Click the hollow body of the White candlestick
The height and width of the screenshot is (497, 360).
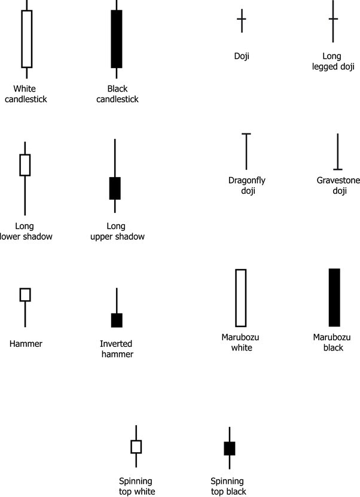coord(26,39)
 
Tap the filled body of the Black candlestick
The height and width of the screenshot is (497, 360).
coord(117,39)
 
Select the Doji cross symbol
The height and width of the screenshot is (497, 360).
coord(242,20)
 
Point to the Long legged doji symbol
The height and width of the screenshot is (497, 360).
coord(333,20)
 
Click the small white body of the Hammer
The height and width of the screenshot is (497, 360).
coord(25,294)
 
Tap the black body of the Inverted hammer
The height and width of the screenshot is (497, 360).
coord(117,320)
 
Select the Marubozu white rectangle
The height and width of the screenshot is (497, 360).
coord(241,298)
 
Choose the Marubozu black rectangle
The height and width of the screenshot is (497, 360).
coord(334,297)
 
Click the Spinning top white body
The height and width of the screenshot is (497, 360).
coord(136,447)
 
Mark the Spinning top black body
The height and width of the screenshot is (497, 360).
coord(229,448)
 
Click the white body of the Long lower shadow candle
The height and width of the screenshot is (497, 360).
coord(25,164)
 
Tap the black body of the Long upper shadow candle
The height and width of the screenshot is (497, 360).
coord(115,188)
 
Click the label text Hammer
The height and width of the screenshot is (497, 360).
coord(26,344)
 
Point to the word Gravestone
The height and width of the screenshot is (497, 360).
coord(338,180)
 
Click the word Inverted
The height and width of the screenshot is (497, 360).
coord(116,344)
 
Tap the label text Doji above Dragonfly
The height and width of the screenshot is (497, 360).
coord(242,56)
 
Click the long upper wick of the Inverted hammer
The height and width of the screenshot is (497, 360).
coord(117,300)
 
